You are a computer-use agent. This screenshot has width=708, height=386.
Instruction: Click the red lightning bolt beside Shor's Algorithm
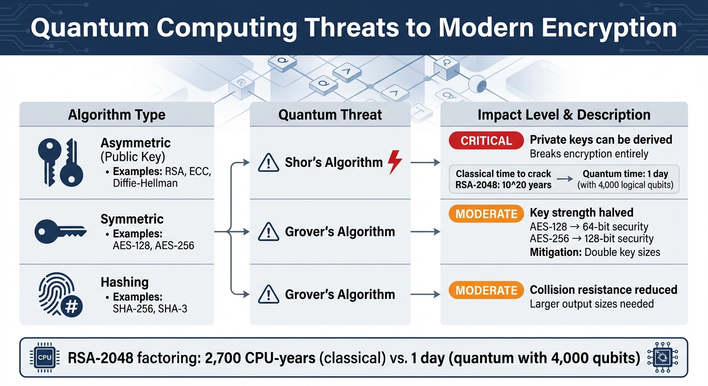[395, 162]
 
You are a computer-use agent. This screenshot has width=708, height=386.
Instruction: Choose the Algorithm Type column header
[117, 115]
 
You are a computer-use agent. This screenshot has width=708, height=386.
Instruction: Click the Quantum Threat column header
[330, 115]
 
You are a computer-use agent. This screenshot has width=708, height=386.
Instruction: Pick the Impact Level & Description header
[564, 115]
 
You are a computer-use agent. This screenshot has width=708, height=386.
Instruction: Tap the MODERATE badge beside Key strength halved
[486, 214]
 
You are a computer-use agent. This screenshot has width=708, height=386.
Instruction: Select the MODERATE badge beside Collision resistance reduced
[486, 291]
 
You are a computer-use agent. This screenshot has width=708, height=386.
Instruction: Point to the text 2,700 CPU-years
[258, 358]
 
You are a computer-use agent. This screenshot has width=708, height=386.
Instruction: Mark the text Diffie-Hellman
[145, 183]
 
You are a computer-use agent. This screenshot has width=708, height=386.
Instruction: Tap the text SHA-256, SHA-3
[150, 309]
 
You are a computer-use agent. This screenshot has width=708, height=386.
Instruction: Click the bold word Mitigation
[555, 252]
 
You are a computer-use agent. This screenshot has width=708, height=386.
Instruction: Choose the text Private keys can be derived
[601, 140]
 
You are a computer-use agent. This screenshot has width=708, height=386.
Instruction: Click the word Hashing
[124, 282]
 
